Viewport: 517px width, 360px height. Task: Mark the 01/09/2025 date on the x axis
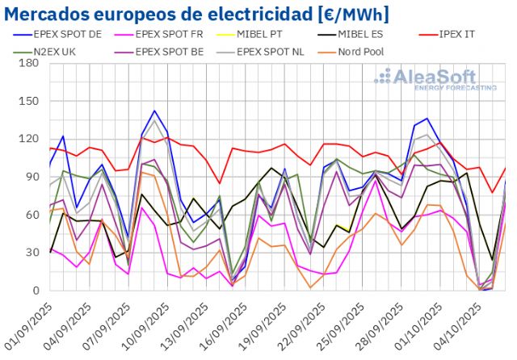(x=27, y=327)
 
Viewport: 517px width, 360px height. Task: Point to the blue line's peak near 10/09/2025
(x=154, y=111)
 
